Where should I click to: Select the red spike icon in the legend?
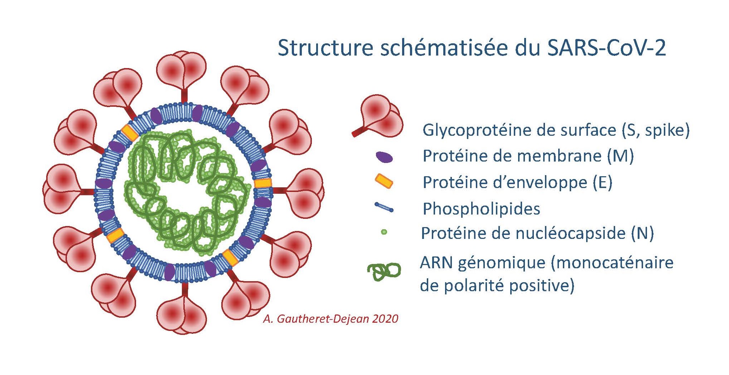[x=378, y=116]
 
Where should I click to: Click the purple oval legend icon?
[x=384, y=157]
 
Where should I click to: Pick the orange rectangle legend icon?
[x=384, y=181]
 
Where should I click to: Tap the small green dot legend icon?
[x=384, y=232]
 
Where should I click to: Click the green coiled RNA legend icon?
[x=384, y=271]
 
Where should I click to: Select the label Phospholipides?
[x=481, y=209]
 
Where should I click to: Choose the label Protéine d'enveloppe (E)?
[x=517, y=183]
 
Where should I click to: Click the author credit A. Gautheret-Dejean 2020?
[x=330, y=319]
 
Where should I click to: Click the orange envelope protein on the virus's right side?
[x=263, y=183]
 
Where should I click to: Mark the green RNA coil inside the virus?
[x=187, y=189]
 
